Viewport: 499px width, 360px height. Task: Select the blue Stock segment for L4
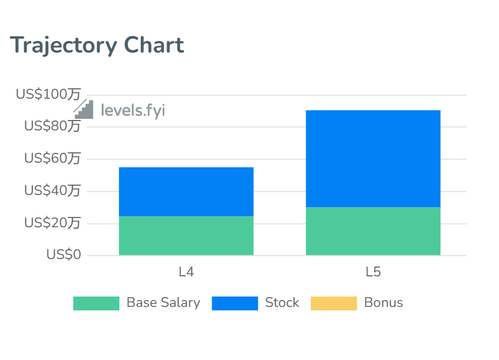tap(186, 192)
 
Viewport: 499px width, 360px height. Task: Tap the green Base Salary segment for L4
tap(186, 235)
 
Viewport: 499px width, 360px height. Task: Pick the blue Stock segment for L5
tap(373, 158)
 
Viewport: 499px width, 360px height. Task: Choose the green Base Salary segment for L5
tap(373, 231)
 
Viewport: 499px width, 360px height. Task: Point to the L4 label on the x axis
tap(186, 272)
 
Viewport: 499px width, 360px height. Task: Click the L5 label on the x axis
tap(373, 272)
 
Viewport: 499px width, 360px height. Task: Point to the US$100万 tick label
tap(48, 94)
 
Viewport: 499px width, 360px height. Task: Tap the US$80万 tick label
tap(52, 126)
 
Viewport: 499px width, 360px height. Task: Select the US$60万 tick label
tap(52, 158)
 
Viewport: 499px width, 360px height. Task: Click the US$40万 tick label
tap(52, 190)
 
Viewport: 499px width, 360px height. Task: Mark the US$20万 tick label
tap(52, 223)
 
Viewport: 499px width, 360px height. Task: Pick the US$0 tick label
tap(63, 254)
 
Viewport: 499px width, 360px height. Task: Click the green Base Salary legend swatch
tap(96, 303)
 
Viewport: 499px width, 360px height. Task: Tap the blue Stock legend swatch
tap(235, 303)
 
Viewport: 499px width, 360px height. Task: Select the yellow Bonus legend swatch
tap(333, 303)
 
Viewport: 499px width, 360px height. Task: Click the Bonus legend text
tap(384, 303)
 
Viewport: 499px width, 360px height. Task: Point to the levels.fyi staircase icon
tap(84, 109)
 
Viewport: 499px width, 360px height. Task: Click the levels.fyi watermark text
tap(133, 110)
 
